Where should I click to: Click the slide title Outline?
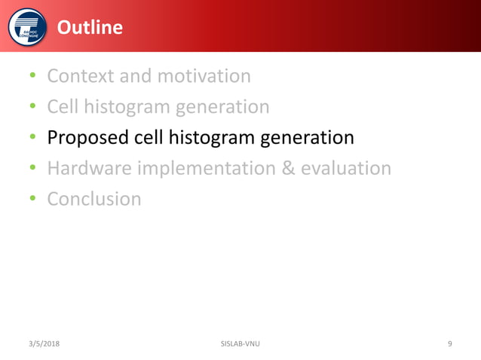tap(90, 28)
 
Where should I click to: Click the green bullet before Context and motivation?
tap(33, 77)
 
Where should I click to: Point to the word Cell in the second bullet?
tap(63, 107)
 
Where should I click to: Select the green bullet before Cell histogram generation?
tap(33, 108)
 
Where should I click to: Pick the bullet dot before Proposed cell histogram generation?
tap(33, 139)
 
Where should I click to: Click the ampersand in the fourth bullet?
tap(288, 168)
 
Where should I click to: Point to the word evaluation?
tap(346, 168)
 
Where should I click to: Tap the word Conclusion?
tap(93, 199)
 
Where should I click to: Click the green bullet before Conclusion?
tap(33, 200)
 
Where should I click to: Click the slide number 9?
tap(450, 344)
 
